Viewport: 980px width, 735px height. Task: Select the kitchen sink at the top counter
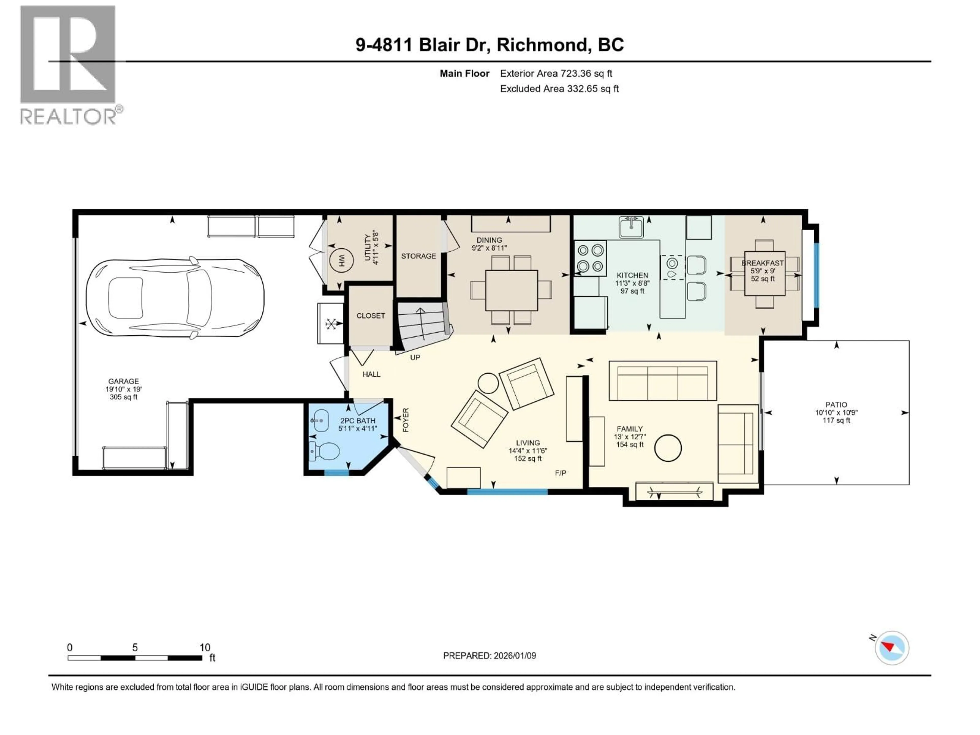631,227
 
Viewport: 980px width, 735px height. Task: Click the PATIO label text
836,405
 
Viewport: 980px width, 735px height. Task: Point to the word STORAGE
418,256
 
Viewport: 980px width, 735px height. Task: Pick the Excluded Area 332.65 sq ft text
559,89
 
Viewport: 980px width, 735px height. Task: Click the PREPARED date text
489,656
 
